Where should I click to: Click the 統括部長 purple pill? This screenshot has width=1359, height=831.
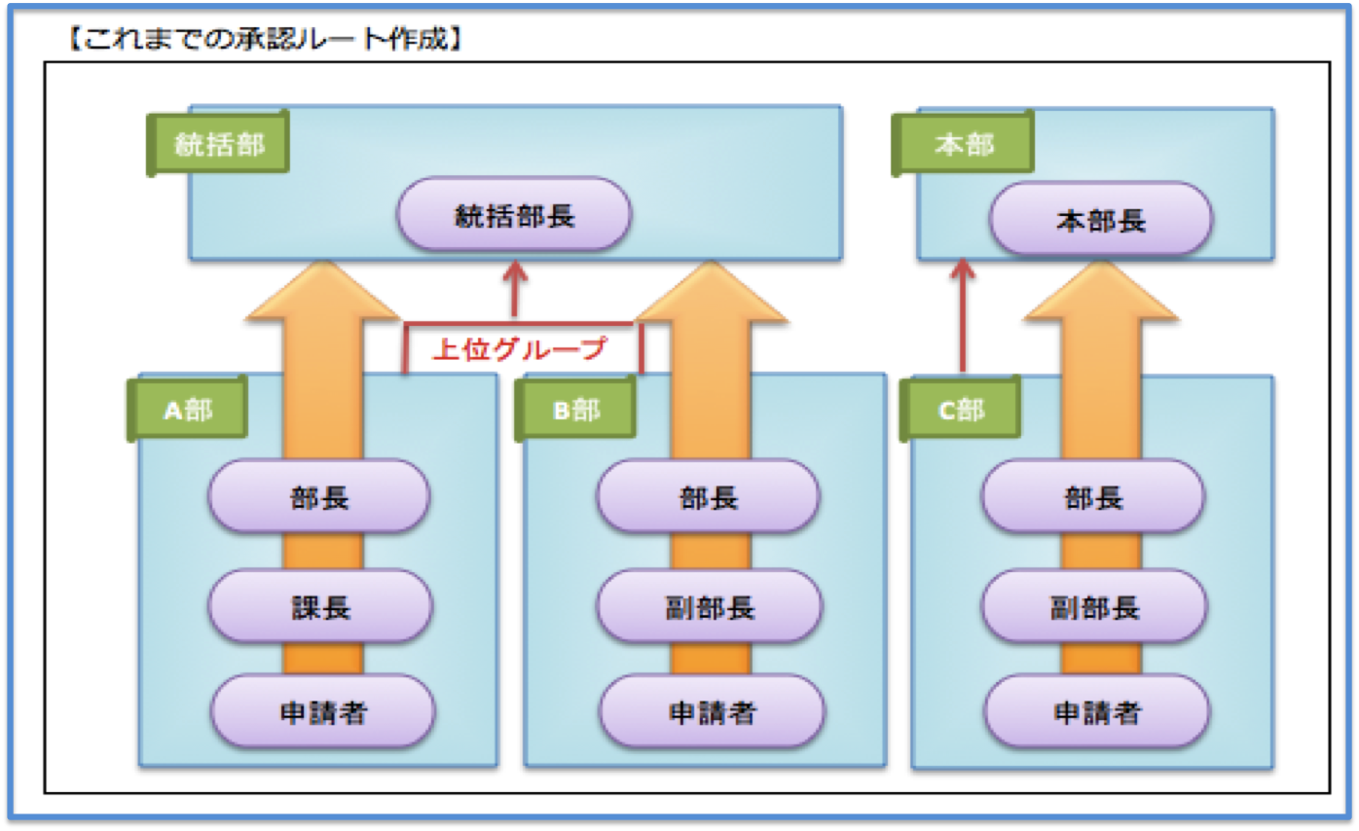coord(514,214)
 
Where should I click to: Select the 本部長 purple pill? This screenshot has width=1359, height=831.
coord(1101,219)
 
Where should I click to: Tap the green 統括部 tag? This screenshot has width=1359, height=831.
coord(218,143)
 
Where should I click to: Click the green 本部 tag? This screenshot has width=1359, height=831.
coord(963,143)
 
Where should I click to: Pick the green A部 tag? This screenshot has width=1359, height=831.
coord(188,409)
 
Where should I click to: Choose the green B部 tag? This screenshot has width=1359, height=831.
coord(575,409)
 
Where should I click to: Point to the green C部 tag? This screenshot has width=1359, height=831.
coord(961,409)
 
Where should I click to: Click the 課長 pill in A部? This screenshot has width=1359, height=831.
coord(320,606)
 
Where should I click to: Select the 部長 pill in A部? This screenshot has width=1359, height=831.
coord(319,497)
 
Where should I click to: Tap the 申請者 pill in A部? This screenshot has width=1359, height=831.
coord(323,711)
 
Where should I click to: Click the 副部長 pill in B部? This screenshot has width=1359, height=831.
coord(710,606)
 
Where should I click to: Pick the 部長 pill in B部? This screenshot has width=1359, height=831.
coord(708,497)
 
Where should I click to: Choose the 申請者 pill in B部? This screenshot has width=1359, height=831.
coord(713,711)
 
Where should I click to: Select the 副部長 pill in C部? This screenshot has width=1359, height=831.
coord(1094,606)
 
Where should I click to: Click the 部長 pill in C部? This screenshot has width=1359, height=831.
coord(1093,497)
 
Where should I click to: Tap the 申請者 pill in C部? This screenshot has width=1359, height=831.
coord(1097,711)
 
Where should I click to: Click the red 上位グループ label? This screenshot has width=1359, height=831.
coord(520,348)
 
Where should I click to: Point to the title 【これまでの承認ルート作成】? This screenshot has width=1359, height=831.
coord(265,38)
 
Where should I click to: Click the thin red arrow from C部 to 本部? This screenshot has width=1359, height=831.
coord(963,315)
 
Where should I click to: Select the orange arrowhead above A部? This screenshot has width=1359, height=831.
coord(323,290)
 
